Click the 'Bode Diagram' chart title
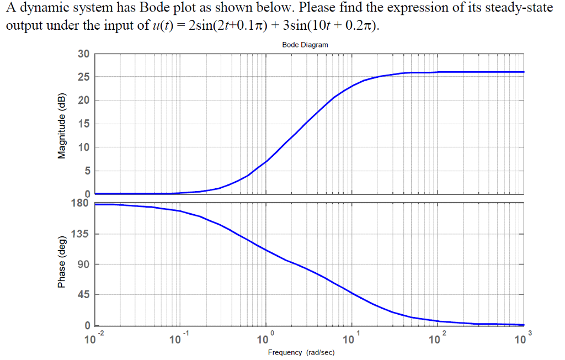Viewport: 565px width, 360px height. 305,45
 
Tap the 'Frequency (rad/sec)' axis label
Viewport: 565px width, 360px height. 301,352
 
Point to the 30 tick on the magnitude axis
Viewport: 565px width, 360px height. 83,54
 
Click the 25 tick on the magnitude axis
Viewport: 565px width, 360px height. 83,77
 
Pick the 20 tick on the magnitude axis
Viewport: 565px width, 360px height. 83,100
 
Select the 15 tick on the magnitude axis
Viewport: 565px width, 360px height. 83,124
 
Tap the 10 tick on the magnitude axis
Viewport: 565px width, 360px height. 83,147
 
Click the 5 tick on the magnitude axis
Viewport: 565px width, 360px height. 86,171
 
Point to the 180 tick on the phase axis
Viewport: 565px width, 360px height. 80,203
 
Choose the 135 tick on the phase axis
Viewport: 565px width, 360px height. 81,234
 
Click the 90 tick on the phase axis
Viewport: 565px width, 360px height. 83,264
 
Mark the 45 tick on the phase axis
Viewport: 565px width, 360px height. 83,295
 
